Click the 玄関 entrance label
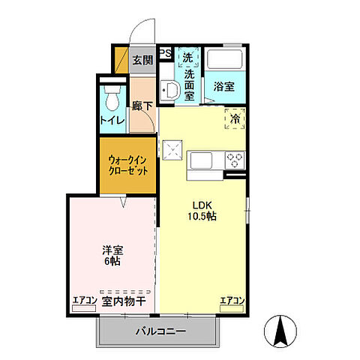point(142,61)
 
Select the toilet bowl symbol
point(112,98)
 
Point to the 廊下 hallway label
point(142,107)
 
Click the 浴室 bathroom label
point(223,85)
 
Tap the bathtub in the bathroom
point(224,60)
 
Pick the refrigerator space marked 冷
point(235,118)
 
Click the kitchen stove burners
point(235,160)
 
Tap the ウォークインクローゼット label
point(127,165)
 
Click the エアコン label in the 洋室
point(84,301)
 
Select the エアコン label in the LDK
point(232,301)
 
